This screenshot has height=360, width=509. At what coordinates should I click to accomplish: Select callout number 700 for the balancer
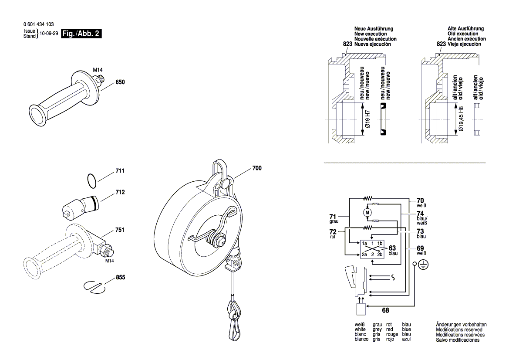[x=257, y=168]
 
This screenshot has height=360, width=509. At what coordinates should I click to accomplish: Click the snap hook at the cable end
[x=234, y=323]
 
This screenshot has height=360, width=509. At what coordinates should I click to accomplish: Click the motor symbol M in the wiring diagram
[x=367, y=212]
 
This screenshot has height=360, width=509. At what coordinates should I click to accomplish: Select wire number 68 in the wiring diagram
[x=385, y=311]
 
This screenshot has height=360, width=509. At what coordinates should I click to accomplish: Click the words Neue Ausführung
[x=374, y=29]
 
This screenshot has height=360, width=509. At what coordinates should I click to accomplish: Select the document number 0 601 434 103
[x=39, y=24]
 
